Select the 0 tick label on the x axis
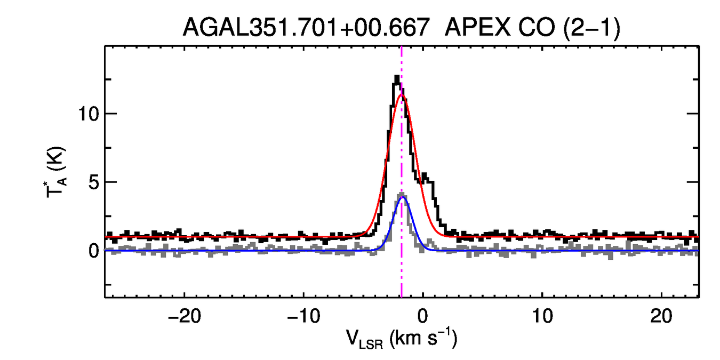tap(423, 316)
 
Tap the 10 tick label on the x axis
tap(542, 316)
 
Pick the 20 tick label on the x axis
tap(662, 316)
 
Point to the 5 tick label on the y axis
tap(95, 182)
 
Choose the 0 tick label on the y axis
tap(95, 251)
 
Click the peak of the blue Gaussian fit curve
tap(403, 197)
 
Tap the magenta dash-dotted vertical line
tap(402, 267)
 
